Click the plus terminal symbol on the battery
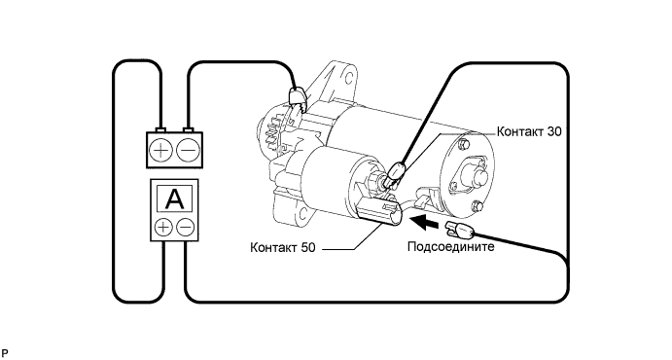(x=160, y=150)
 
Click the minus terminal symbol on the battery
(x=188, y=150)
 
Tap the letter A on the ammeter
(x=174, y=198)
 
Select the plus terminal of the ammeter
(x=163, y=227)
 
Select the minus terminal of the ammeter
(x=185, y=227)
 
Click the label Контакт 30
(x=529, y=131)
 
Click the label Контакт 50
(x=282, y=247)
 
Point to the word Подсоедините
(x=451, y=247)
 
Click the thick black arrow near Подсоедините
(x=425, y=223)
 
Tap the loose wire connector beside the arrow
(x=461, y=230)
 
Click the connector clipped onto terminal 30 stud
(x=395, y=173)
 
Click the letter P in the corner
(x=4, y=353)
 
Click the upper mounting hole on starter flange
(x=349, y=78)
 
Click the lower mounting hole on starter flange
(x=303, y=212)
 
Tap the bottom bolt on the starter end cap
(x=477, y=207)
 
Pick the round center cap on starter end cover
(x=476, y=175)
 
